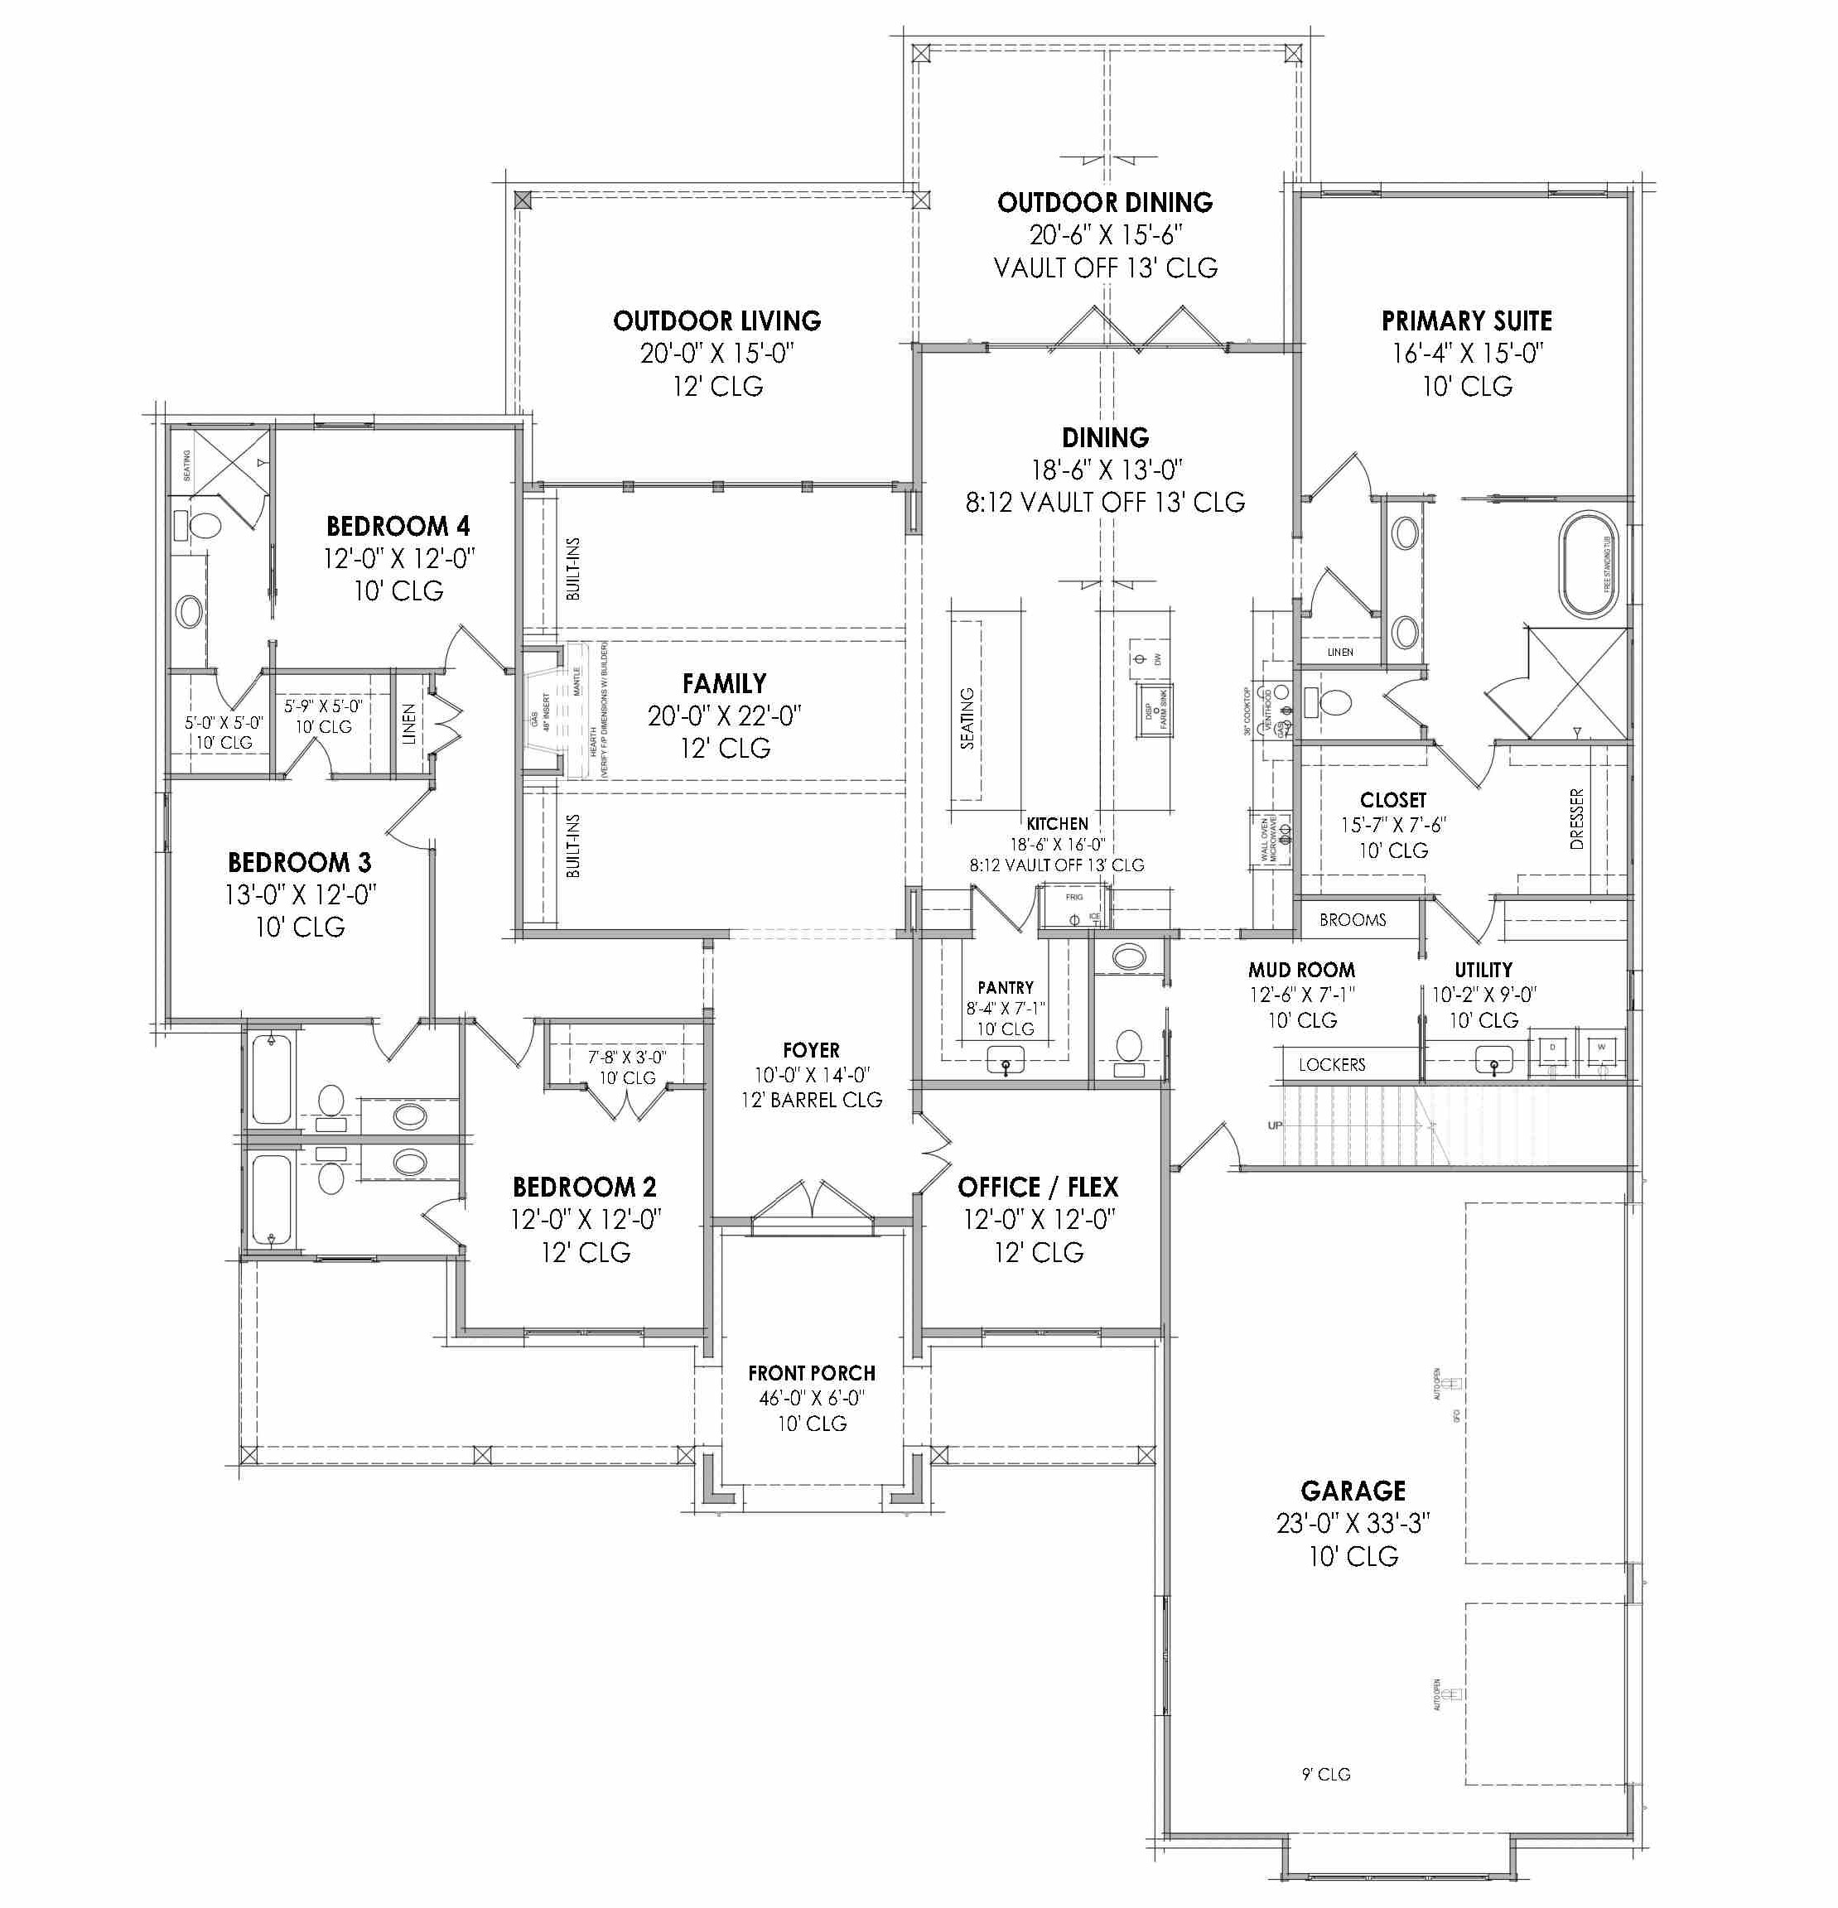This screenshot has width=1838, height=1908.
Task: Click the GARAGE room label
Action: click(x=1353, y=1491)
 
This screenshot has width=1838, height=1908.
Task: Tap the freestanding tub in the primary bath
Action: click(x=1588, y=564)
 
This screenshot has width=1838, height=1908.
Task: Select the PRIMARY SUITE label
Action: click(x=1466, y=321)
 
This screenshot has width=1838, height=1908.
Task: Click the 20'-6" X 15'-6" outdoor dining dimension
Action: click(x=1105, y=235)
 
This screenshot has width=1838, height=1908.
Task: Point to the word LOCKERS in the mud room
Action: click(x=1331, y=1065)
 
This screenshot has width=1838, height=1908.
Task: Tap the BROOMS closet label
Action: click(x=1353, y=920)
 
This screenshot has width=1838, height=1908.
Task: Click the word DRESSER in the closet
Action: click(x=1577, y=819)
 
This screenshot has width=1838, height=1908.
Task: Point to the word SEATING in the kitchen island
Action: click(x=967, y=719)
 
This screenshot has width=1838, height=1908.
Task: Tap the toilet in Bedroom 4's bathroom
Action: click(x=204, y=526)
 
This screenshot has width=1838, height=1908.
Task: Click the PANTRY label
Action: click(x=1006, y=987)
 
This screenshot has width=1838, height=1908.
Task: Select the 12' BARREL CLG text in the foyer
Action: click(x=811, y=1100)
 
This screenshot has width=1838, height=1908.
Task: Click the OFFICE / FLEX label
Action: click(x=1038, y=1188)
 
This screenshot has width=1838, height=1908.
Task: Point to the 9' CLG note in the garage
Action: click(x=1326, y=1775)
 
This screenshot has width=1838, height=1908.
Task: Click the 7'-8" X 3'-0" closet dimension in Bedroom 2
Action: click(x=626, y=1056)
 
